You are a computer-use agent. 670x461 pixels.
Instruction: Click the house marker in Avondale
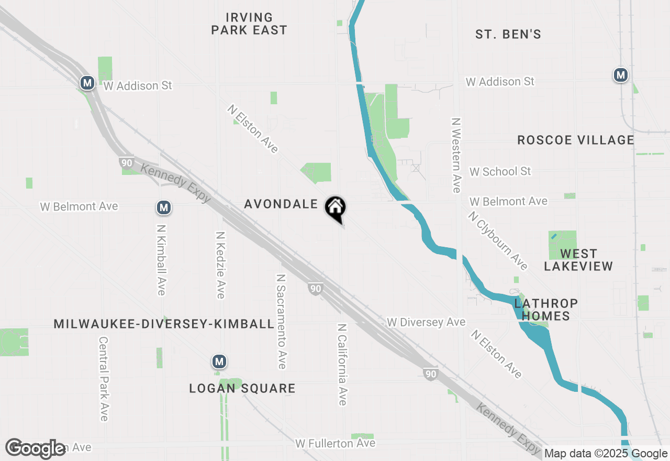click(335, 207)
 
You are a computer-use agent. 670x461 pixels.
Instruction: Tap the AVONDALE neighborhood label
click(281, 204)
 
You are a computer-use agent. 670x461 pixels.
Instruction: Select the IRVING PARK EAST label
click(249, 24)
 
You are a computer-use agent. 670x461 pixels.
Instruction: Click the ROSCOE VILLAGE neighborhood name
click(575, 140)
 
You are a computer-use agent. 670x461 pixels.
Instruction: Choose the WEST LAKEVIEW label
click(578, 260)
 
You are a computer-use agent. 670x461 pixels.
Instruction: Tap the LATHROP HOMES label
click(546, 310)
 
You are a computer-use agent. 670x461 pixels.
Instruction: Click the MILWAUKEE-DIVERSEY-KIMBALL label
click(164, 324)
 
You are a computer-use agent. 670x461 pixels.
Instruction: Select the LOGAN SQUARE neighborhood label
click(242, 388)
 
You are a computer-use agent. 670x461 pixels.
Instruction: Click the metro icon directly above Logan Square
click(219, 361)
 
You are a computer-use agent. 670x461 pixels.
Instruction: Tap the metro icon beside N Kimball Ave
click(164, 207)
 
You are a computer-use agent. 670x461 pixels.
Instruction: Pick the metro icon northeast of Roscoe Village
click(621, 75)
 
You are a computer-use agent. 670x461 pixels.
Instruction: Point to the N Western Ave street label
click(456, 155)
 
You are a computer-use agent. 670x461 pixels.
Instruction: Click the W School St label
click(500, 171)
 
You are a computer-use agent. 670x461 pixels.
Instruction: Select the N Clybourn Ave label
click(498, 240)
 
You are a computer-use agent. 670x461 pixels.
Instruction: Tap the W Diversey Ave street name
click(426, 322)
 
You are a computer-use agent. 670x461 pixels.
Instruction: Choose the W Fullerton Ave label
click(335, 443)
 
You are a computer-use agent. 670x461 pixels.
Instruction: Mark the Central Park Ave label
click(103, 378)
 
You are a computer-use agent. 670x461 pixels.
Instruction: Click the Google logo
click(36, 448)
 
